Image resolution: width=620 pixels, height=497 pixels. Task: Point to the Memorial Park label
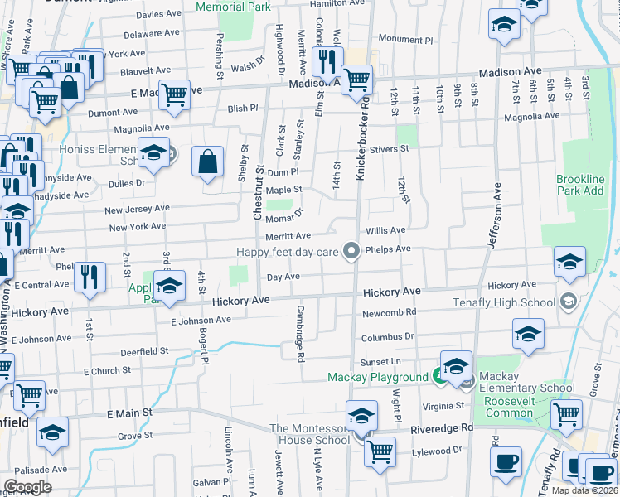tap(233, 7)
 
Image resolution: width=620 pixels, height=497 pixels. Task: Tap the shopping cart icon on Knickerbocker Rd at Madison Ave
tap(356, 81)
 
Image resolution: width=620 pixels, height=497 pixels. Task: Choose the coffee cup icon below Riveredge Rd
tap(505, 461)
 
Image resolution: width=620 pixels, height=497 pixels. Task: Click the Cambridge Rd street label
tap(302, 334)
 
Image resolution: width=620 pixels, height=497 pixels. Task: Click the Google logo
tap(28, 486)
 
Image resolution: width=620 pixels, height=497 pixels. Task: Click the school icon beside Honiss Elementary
tap(153, 152)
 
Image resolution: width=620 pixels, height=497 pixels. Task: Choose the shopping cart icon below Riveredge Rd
tap(380, 451)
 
